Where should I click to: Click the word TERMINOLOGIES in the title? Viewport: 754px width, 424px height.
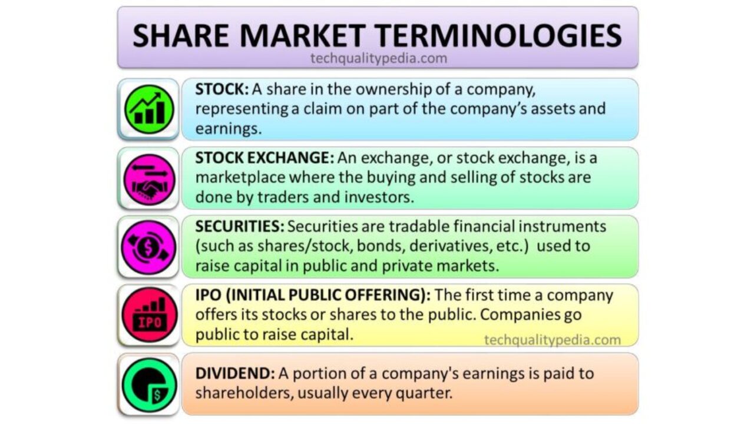(498, 35)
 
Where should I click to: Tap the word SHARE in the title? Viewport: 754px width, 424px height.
(181, 35)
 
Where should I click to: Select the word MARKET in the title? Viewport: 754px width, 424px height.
(303, 35)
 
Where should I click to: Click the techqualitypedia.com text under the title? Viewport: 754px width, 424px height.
(379, 58)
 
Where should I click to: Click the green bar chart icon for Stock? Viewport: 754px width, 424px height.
(149, 110)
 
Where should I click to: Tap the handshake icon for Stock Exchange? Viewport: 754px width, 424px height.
(149, 180)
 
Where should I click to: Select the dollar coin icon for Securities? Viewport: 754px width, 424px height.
(148, 248)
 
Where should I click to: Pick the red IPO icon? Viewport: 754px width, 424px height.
(150, 315)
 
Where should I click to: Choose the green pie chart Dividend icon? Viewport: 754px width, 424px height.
(149, 385)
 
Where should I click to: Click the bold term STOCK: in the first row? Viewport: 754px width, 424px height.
(222, 89)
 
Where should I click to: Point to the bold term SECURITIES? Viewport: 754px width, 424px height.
(240, 226)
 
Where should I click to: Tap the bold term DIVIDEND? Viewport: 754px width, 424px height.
(235, 373)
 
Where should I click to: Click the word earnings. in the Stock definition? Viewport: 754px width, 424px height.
(228, 129)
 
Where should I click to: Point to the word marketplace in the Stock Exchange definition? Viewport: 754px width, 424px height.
(240, 177)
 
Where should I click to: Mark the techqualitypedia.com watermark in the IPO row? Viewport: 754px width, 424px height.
(553, 340)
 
